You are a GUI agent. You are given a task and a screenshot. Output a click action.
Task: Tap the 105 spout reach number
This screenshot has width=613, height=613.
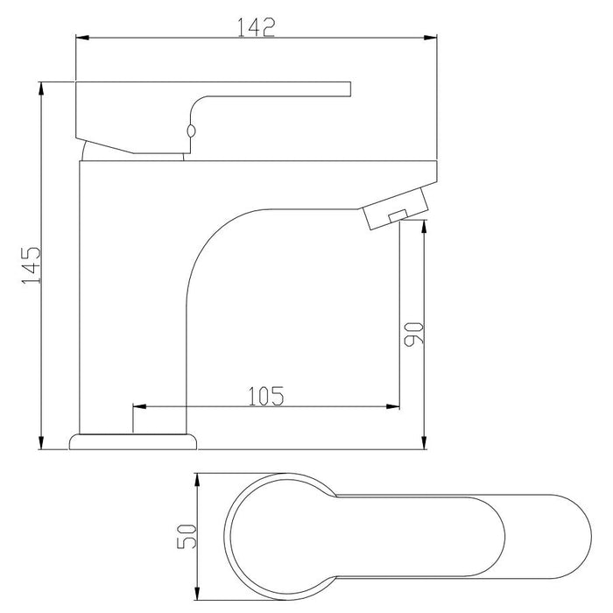[x=265, y=396]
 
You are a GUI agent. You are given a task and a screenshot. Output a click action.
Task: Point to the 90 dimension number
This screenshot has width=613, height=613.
[x=413, y=333]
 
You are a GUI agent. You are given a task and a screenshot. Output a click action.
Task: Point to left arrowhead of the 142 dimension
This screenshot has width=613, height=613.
[x=81, y=37]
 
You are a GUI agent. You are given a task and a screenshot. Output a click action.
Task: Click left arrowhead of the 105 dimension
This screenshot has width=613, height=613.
[x=138, y=407]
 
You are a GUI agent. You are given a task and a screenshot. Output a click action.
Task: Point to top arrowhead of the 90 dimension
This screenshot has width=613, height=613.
[x=424, y=225]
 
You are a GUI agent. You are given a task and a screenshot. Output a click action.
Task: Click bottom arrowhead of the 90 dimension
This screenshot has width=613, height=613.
[x=424, y=443]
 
